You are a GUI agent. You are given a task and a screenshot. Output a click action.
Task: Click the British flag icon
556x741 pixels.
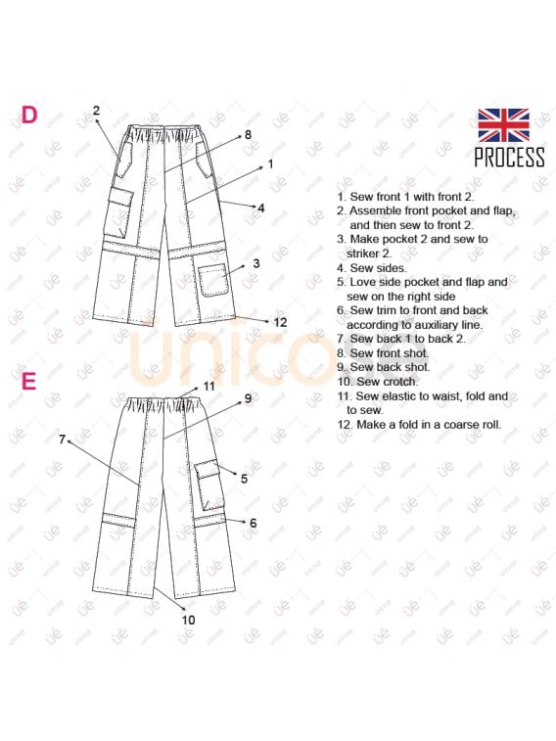click(503, 125)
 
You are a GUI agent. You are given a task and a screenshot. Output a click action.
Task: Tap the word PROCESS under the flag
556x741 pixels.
click(509, 157)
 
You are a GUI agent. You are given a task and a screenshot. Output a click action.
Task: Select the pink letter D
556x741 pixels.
click(29, 116)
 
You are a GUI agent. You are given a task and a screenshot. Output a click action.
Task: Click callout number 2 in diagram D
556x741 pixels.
click(96, 111)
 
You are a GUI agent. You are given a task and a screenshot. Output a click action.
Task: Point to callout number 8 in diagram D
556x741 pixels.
click(248, 134)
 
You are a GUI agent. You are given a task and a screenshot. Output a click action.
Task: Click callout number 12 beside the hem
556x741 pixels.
click(280, 322)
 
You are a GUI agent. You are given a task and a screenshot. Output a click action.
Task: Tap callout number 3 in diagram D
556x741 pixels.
click(255, 263)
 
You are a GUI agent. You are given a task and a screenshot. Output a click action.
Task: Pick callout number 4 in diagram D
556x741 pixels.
click(261, 208)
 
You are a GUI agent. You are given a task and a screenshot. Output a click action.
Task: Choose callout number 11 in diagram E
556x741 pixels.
click(208, 386)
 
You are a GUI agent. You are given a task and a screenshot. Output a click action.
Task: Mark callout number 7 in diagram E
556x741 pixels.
click(62, 440)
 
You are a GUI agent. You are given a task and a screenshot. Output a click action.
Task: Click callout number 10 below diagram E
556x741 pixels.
click(188, 620)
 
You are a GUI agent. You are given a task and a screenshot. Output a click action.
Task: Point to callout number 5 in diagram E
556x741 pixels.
click(244, 479)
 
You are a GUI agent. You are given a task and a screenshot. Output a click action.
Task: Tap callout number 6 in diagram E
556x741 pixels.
click(253, 524)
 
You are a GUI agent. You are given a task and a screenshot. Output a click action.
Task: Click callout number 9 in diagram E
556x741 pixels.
click(248, 398)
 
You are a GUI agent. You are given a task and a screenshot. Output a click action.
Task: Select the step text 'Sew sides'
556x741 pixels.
click(371, 267)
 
